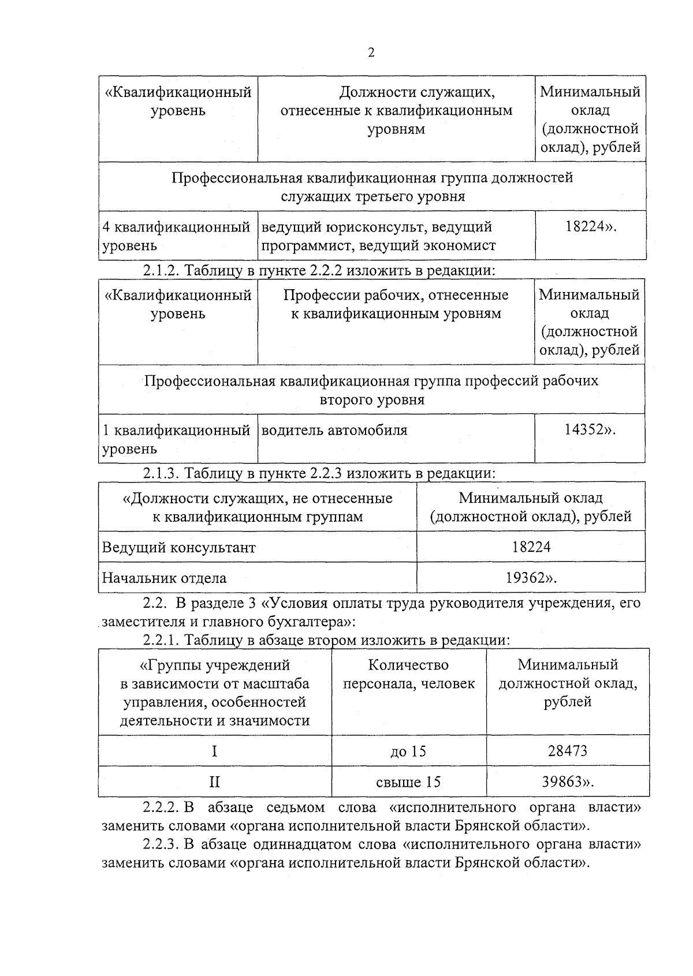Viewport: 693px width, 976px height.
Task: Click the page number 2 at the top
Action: (371, 53)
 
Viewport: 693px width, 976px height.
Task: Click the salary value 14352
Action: (587, 430)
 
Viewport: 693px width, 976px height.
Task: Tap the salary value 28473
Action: (567, 751)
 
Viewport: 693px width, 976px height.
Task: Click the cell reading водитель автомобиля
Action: (334, 430)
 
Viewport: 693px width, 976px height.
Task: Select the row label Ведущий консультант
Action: (179, 547)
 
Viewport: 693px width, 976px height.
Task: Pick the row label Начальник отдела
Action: (165, 578)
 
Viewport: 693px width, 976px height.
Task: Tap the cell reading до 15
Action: (408, 751)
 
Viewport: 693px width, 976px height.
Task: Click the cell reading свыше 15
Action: (408, 782)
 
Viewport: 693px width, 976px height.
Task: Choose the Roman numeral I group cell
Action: (214, 751)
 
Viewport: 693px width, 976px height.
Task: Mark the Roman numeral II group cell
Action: (214, 782)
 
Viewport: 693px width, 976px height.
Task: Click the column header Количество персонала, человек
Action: (408, 674)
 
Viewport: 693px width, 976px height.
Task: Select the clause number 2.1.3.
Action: (162, 473)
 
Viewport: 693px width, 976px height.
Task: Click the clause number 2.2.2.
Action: (162, 807)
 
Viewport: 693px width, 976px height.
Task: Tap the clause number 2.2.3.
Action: (162, 845)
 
